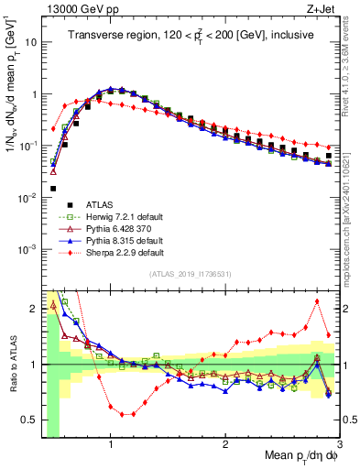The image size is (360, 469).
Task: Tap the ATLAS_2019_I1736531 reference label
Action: (189, 274)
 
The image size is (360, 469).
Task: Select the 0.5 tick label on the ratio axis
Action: (27, 419)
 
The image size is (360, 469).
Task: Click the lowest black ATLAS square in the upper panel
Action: (53, 189)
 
